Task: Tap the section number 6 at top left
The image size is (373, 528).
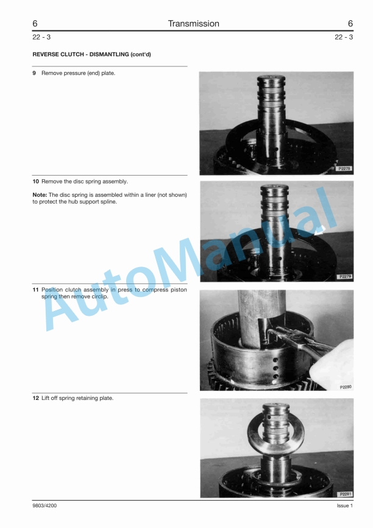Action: point(35,24)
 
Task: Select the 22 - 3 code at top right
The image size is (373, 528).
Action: point(344,37)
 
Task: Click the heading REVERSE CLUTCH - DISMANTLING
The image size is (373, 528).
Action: point(91,55)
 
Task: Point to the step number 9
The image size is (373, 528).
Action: point(35,73)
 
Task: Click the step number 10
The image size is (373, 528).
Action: point(35,182)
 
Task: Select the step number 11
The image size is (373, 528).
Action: point(35,290)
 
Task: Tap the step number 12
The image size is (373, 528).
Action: point(35,399)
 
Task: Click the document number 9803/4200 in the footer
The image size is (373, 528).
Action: point(46,506)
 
